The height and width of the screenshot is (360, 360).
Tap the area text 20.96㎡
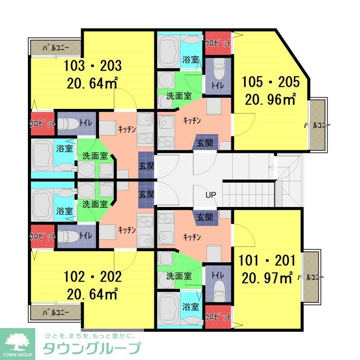[x=270, y=99]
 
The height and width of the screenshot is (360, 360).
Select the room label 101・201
[x=267, y=261]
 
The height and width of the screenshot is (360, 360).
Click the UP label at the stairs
[x=211, y=195]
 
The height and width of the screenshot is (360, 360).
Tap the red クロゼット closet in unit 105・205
[x=218, y=43]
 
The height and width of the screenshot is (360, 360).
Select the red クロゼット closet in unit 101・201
[x=218, y=317]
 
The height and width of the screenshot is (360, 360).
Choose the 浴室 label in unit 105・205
[x=191, y=59]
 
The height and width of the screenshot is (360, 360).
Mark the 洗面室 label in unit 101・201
[x=179, y=275]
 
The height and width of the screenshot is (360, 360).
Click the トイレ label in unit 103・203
[x=85, y=121]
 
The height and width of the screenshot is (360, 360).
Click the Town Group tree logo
[x=18, y=341]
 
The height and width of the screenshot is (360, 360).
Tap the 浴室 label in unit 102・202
[x=65, y=211]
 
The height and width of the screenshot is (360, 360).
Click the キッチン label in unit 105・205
[x=192, y=121]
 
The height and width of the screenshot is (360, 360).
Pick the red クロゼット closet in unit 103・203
[x=43, y=123]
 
